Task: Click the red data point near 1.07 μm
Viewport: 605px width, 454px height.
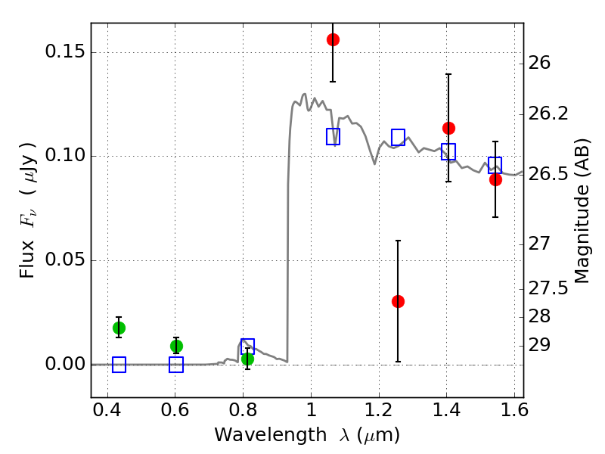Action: [x=333, y=39]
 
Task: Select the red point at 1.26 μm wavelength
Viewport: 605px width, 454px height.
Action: [x=398, y=301]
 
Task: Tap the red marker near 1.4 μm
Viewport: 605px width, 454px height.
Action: [x=448, y=128]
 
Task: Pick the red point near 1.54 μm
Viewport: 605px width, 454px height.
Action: [x=495, y=179]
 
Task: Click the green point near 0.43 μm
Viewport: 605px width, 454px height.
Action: [x=119, y=328]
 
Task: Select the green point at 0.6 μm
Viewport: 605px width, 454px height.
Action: [x=176, y=346]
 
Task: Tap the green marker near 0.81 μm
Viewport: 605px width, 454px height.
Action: [x=247, y=359]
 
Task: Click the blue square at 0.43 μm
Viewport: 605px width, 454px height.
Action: [x=119, y=365]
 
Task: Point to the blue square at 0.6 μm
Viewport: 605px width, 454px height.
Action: [x=176, y=365]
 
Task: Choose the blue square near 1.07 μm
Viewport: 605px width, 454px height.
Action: [x=333, y=136]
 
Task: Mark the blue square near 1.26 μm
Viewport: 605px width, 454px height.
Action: [x=398, y=137]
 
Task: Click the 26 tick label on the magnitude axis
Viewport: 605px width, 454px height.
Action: [x=541, y=62]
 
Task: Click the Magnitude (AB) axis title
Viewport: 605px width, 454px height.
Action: [x=582, y=210]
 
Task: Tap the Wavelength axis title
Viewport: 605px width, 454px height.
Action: [x=307, y=435]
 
